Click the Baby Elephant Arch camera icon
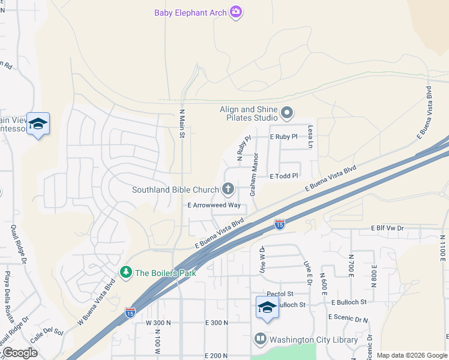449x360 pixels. coord(236,12)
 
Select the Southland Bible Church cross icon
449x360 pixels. coord(228,190)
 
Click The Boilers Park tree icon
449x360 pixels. coord(126,272)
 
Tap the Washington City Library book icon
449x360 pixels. coord(261,340)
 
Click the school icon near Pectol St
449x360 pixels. coord(267,307)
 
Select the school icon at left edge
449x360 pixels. coord(38,124)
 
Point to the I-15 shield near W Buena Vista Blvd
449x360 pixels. coord(130,312)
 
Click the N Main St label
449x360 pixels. coord(182,123)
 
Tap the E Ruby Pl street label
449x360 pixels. coord(284,137)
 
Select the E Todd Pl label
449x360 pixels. coord(284,176)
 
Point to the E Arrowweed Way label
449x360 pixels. coord(214,205)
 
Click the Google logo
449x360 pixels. coord(20,353)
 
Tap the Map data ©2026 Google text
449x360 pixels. coord(412,355)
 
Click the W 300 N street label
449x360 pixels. coord(158,323)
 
